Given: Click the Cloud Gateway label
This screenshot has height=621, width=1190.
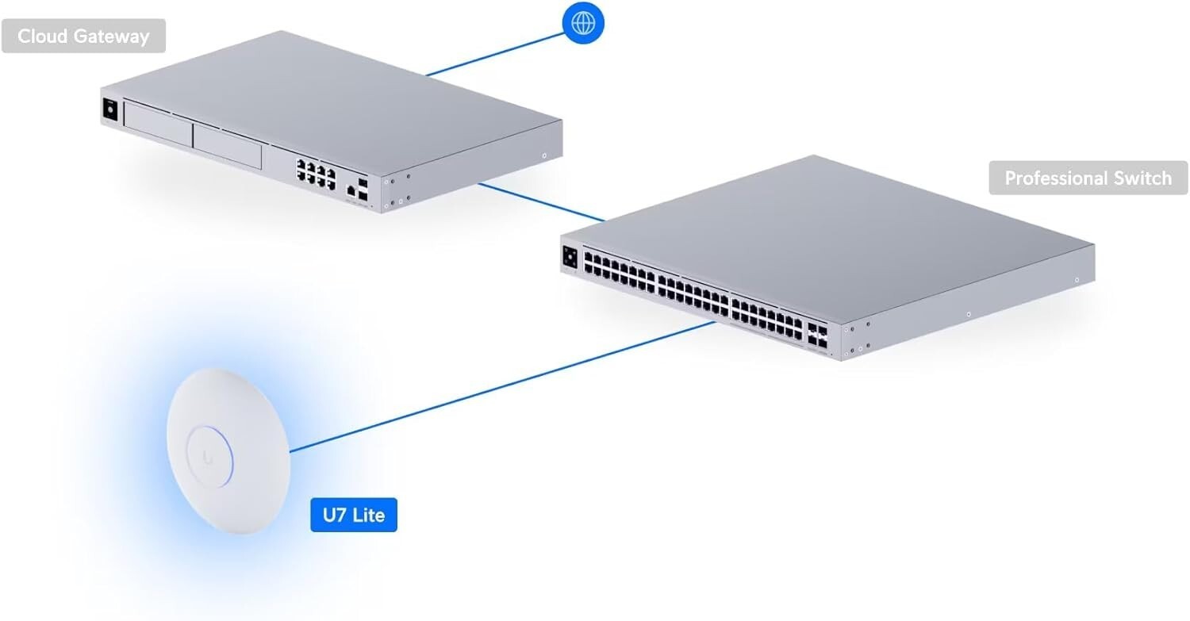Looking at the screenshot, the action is point(83,36).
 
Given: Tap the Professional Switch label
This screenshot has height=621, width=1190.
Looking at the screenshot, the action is point(1088,178).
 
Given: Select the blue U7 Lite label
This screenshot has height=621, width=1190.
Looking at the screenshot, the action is point(354,515).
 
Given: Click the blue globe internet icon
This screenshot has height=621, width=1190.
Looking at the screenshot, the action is point(583,23).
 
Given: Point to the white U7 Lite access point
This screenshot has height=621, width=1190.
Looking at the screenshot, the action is point(228,451).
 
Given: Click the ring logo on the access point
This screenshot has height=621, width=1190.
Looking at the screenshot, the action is point(210,456).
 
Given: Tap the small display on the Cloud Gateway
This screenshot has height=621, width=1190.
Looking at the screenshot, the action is point(110,110).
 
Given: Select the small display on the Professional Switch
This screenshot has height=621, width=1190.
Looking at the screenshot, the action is point(570,258).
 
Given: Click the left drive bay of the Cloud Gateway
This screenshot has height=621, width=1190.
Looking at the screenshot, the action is point(158,125).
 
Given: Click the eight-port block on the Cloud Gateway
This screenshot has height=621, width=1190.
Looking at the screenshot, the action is point(316,174).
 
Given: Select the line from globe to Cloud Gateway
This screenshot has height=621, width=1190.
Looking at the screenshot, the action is point(495,54).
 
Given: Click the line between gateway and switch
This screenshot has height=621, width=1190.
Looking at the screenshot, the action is point(542,202).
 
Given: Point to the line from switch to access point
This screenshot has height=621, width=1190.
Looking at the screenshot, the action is point(502,387).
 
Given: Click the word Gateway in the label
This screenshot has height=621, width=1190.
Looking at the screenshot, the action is point(112,36).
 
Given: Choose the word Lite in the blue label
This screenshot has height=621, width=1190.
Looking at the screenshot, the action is point(369,515).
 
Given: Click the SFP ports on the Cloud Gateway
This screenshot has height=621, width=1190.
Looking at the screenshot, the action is point(363,190).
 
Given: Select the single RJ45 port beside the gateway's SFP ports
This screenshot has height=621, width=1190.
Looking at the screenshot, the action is point(351,190).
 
